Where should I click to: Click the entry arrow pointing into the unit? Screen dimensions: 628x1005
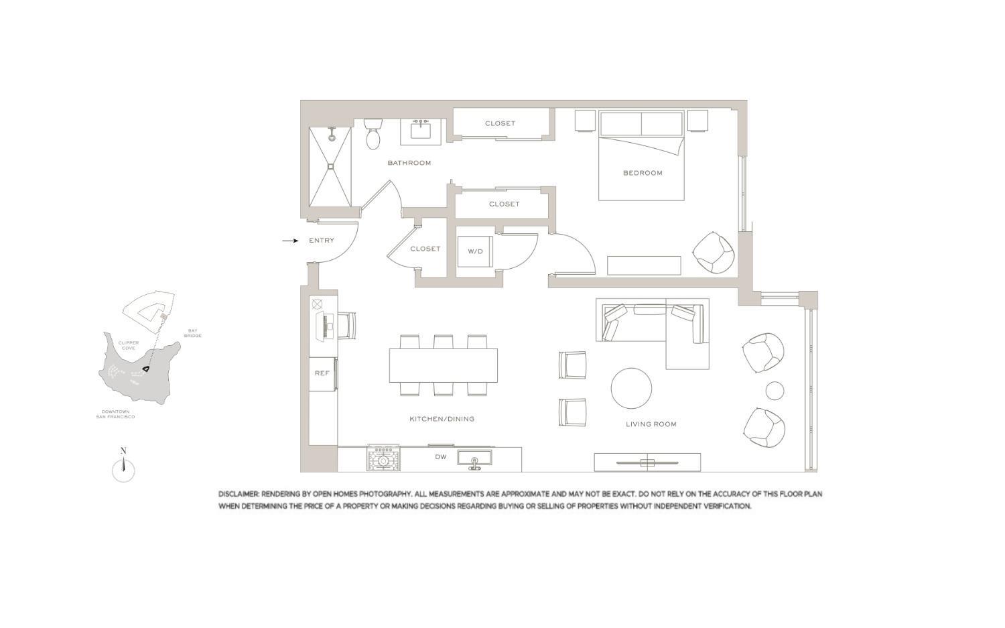(x=289, y=241)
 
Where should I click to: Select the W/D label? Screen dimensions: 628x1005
(x=475, y=251)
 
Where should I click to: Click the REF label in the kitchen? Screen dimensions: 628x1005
(x=322, y=373)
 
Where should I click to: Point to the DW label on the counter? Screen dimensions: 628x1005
(x=440, y=457)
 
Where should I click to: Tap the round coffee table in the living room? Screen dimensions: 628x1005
(x=631, y=388)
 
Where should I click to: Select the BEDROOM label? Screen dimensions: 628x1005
(x=643, y=173)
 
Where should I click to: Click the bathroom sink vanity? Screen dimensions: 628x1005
(x=421, y=130)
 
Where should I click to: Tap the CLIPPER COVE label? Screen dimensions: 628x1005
(x=128, y=345)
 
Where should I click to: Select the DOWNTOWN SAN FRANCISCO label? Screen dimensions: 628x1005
(x=115, y=414)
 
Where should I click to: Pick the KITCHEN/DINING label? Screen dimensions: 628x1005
(x=442, y=419)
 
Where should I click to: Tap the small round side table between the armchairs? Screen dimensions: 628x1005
(x=775, y=391)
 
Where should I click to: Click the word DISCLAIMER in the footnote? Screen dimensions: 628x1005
(x=238, y=494)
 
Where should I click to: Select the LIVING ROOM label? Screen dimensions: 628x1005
(x=651, y=424)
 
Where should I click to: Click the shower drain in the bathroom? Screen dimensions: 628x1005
(x=330, y=166)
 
